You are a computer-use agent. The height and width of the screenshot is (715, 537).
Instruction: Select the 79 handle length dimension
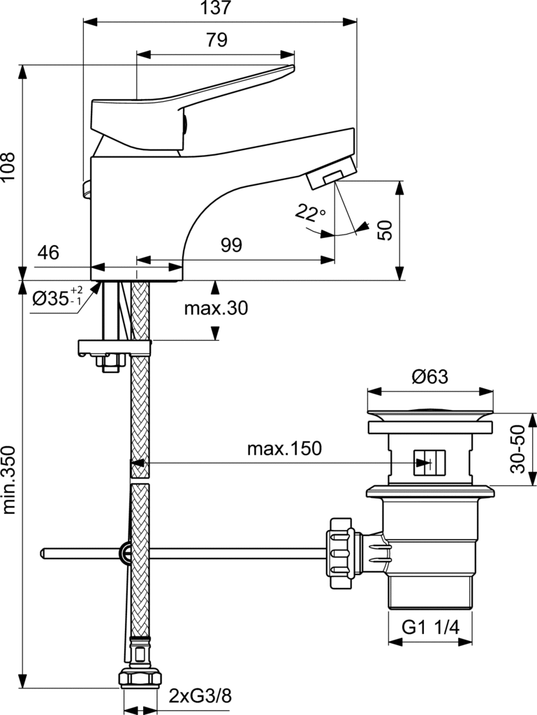click(216, 40)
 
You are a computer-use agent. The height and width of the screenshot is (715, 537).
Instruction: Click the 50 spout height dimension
click(385, 229)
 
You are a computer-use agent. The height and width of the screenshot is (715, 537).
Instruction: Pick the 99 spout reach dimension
click(231, 245)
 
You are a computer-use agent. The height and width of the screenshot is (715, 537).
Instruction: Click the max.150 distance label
click(284, 449)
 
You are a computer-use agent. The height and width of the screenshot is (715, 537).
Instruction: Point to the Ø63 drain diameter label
click(429, 376)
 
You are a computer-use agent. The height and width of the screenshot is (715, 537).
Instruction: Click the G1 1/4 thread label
click(430, 626)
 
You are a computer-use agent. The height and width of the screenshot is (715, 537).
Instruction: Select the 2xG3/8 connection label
click(200, 695)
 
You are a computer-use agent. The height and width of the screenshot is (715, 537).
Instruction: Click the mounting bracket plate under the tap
click(115, 347)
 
